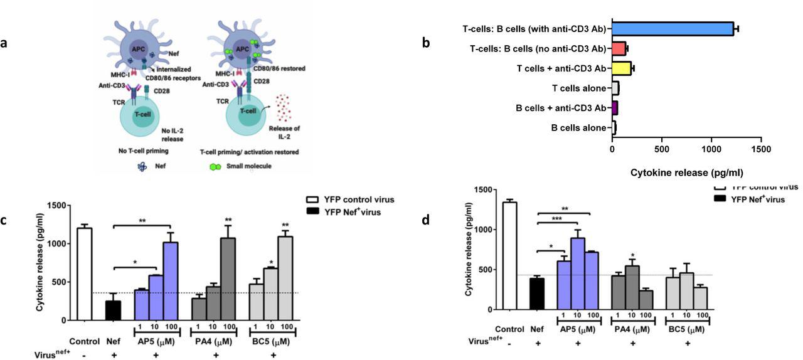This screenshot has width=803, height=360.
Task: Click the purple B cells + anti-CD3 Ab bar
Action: coord(615,108)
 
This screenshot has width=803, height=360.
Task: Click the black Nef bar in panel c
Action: coord(114,310)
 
